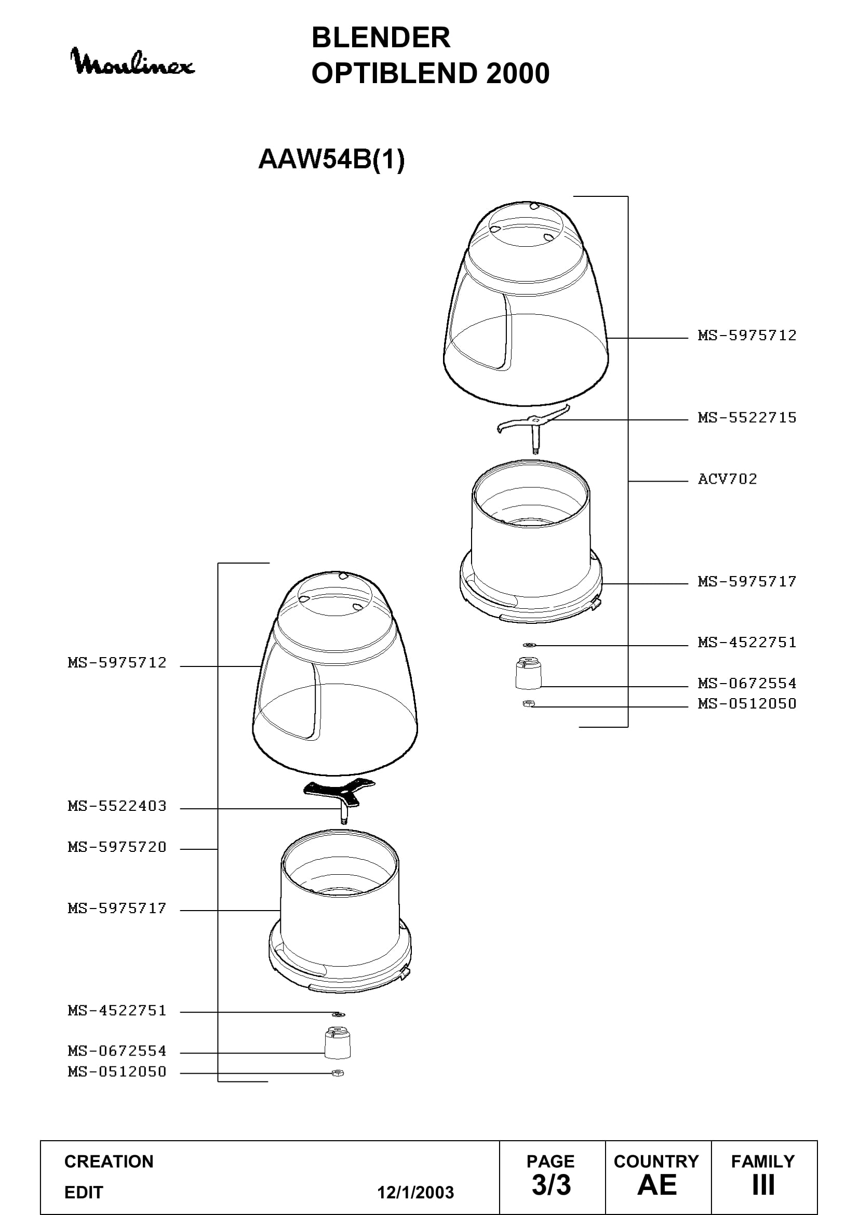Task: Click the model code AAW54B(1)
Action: (331, 159)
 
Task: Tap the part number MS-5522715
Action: (747, 418)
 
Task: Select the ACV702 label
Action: (727, 479)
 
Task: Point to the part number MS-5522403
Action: (117, 806)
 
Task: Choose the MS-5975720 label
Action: (117, 847)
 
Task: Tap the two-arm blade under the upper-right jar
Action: (534, 425)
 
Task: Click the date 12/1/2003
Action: (415, 1192)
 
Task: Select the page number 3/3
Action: (551, 1185)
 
